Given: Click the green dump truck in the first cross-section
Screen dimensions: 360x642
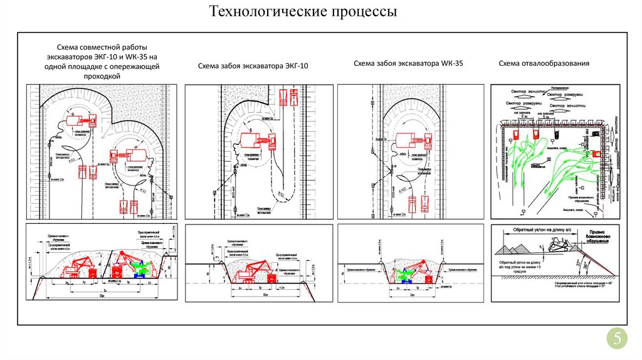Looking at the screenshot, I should pos(142,268).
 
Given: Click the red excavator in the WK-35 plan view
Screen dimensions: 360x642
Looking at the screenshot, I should pos(412,140).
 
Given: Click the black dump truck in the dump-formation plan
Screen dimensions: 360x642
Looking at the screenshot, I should pos(592,133).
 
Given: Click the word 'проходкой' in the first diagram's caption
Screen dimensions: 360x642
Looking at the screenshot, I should pos(102,76).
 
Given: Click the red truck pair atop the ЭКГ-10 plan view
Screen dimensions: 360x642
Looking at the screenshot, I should pos(289,97).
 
